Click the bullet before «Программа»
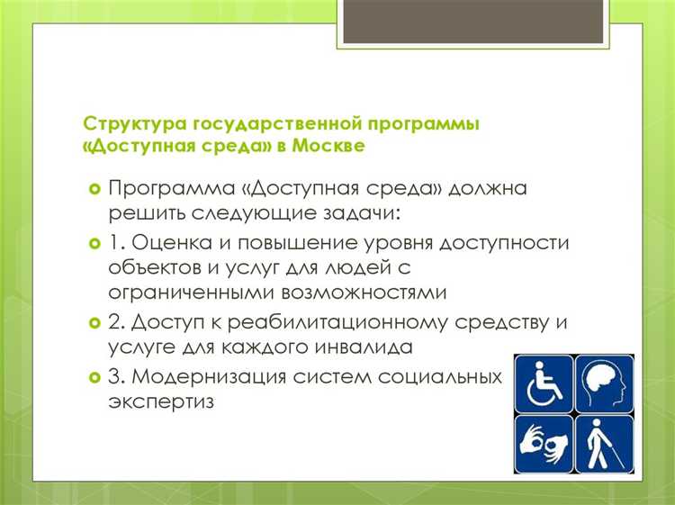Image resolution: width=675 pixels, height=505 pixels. pos(94,191)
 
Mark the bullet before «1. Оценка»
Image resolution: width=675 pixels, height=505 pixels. pos(94,245)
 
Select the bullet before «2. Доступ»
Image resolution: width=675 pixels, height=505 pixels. pos(94,322)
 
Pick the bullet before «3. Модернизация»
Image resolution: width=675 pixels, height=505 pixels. pos(94,375)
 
